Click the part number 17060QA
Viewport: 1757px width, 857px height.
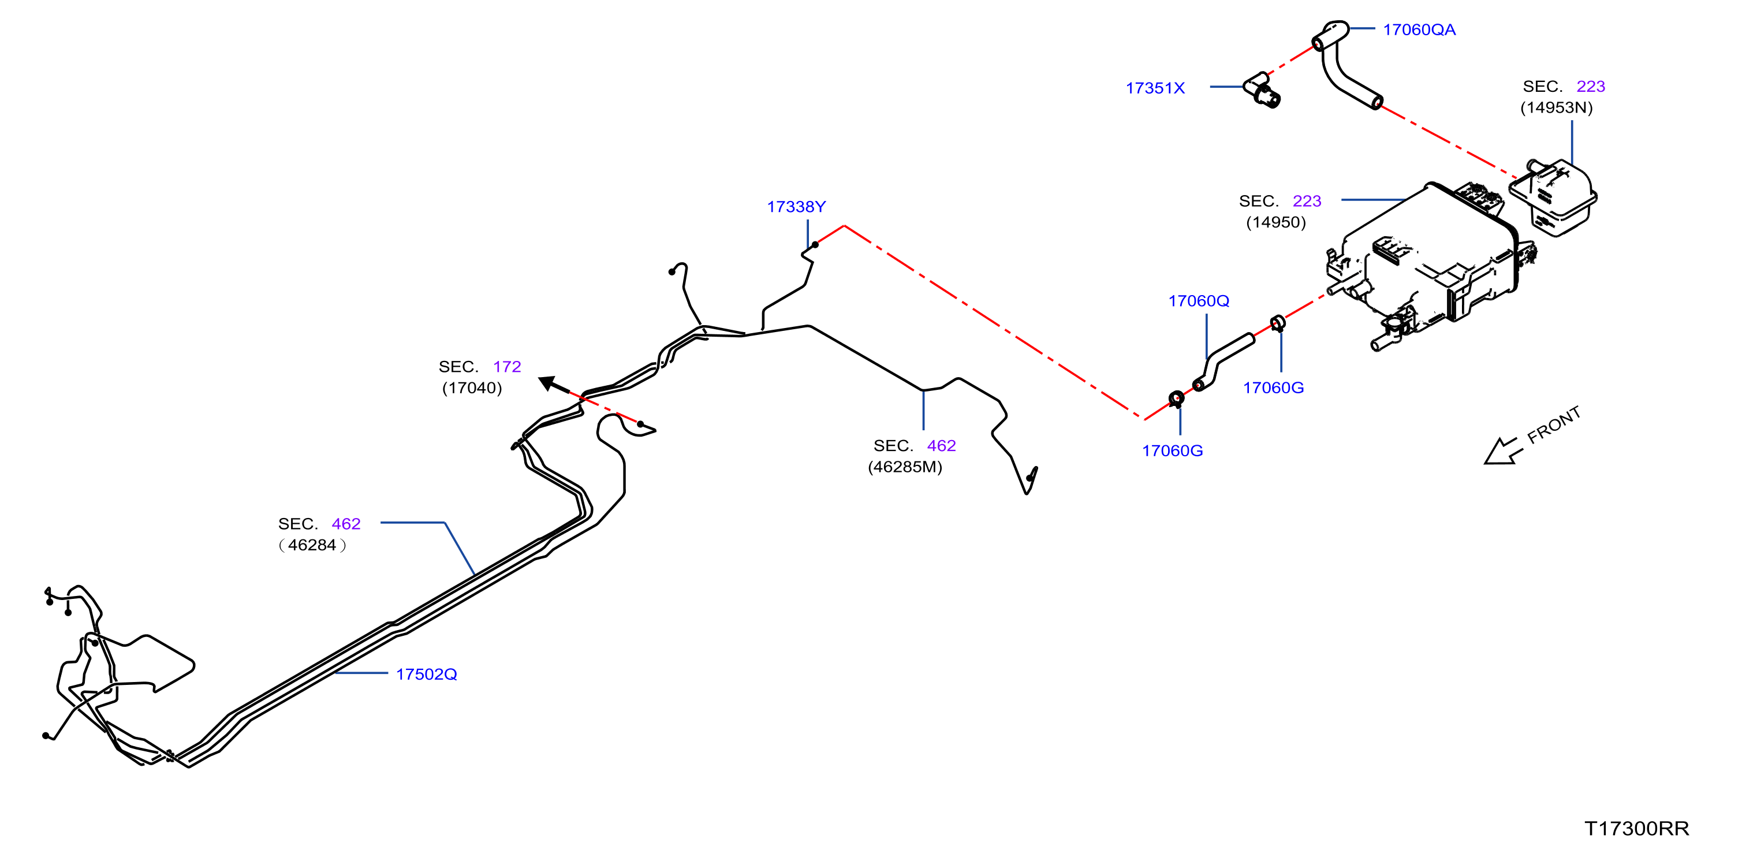coord(1419,30)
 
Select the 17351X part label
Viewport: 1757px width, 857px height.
coord(1155,88)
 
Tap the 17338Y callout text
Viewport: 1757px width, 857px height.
coord(796,207)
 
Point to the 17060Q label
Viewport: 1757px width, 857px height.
coord(1199,301)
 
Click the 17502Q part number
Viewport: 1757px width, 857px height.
coord(426,674)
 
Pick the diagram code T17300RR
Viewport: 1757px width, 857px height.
coord(1636,828)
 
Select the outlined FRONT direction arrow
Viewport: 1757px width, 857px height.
coord(1502,452)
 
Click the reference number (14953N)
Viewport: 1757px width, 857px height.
coord(1556,108)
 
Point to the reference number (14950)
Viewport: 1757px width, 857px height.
coord(1275,222)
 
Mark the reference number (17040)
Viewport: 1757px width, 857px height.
coord(472,388)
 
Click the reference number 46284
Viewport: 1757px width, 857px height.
coord(312,545)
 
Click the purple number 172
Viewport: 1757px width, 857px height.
coord(507,367)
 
